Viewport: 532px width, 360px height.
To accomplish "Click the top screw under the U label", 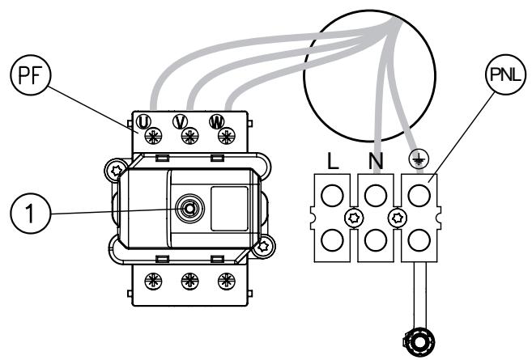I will (x=151, y=138).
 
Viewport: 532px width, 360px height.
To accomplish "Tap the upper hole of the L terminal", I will (x=330, y=195).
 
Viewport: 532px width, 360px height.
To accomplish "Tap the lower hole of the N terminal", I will (x=374, y=240).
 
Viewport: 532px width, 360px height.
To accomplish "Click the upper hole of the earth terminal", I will (x=418, y=195).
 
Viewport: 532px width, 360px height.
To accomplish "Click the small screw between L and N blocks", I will (x=352, y=218).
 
